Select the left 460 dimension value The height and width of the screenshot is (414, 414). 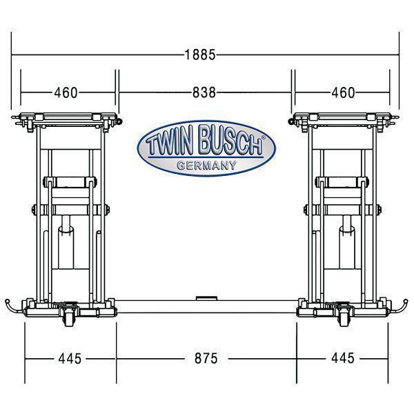(66, 92)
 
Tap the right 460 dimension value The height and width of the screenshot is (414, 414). (342, 92)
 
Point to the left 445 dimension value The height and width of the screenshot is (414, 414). (70, 359)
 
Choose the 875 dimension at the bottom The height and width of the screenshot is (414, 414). (205, 359)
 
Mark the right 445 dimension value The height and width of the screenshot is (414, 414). (342, 359)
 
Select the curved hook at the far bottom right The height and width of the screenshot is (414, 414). (403, 306)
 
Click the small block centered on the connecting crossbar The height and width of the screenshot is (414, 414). (205, 298)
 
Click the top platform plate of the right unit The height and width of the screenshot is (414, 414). (343, 117)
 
